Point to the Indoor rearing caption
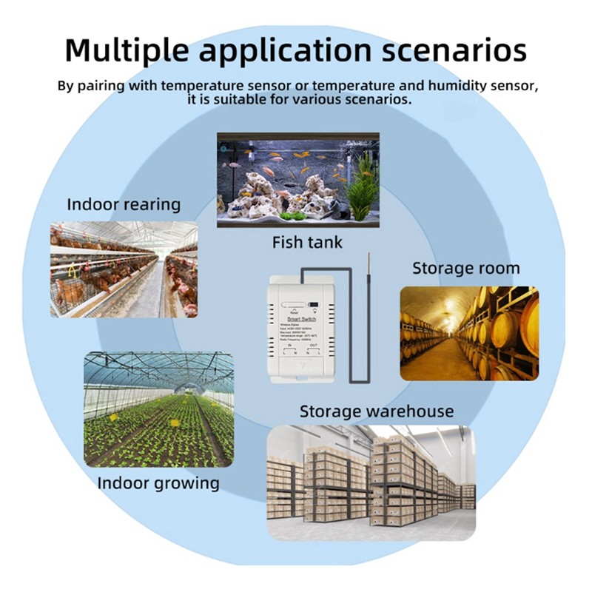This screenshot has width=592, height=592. click(x=124, y=204)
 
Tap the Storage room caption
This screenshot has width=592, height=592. click(x=466, y=268)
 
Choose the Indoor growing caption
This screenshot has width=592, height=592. click(x=158, y=484)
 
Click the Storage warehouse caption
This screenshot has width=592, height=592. click(x=377, y=411)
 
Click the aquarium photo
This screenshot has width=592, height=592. click(x=297, y=180)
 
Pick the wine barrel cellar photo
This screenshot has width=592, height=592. click(x=469, y=333)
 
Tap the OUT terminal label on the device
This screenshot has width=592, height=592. click(x=314, y=346)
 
